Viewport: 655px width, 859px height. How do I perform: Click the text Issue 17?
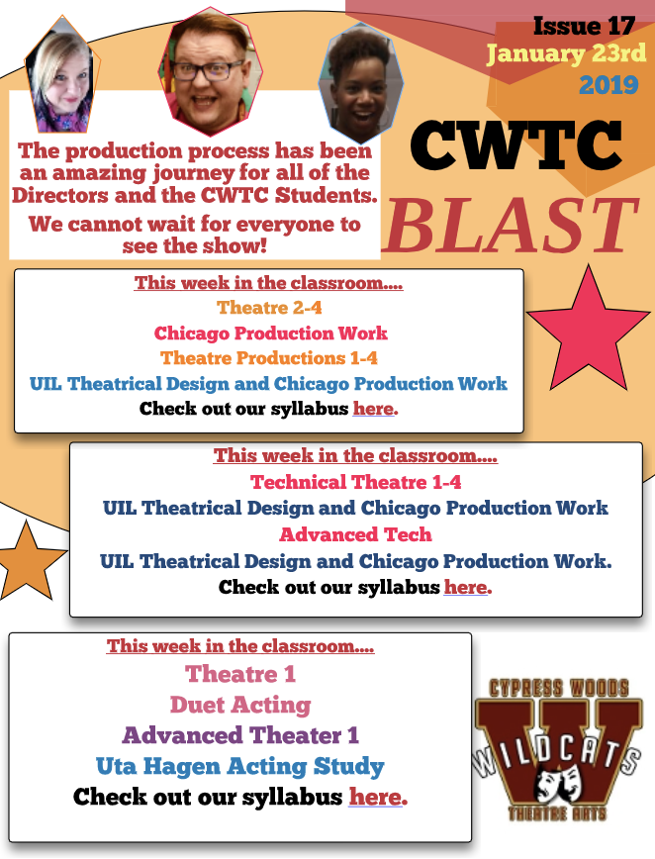click(584, 26)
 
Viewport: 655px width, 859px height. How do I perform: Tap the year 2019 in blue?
click(609, 85)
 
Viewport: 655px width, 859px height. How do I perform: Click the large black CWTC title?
click(515, 144)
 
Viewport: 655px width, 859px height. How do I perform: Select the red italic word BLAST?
click(512, 226)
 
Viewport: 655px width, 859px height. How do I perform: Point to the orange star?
click(28, 561)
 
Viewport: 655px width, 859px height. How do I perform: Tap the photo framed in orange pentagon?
click(62, 75)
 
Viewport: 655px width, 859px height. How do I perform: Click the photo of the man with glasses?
click(211, 71)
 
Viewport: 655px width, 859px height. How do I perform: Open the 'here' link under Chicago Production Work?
click(373, 409)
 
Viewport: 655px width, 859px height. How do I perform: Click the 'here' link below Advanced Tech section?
click(465, 587)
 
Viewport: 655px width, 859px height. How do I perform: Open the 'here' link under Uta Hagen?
click(375, 797)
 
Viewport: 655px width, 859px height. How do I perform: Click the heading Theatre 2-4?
click(269, 308)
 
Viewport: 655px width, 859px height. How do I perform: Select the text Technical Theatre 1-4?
click(355, 482)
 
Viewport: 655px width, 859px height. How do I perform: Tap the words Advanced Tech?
click(355, 534)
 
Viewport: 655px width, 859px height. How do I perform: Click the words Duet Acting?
click(240, 705)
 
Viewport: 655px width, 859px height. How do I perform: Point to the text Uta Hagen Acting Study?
click(239, 766)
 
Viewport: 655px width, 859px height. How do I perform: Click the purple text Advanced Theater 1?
click(240, 735)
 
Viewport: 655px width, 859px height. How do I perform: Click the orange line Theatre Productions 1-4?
click(269, 358)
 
